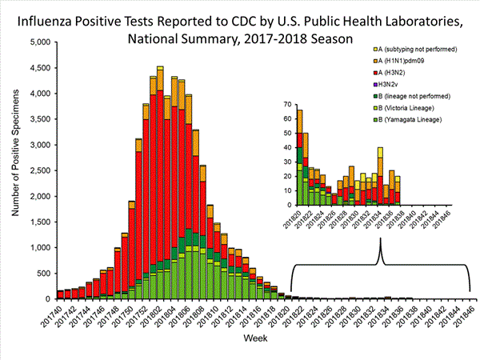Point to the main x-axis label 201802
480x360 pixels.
point(154,316)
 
